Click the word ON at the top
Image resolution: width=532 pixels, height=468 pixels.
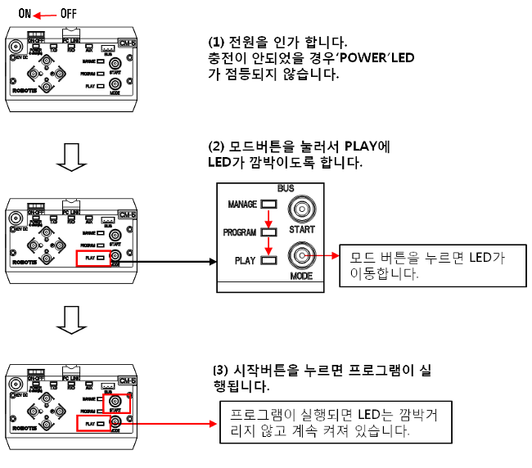(25, 14)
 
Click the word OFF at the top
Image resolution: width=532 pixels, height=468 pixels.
(69, 14)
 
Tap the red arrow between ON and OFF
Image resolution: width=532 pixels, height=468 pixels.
(47, 14)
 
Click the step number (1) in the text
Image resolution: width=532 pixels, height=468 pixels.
(218, 42)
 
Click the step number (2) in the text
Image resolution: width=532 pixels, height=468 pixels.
(218, 147)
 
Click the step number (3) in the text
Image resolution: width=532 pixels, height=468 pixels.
(218, 371)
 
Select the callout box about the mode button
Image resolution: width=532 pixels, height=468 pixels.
(431, 265)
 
